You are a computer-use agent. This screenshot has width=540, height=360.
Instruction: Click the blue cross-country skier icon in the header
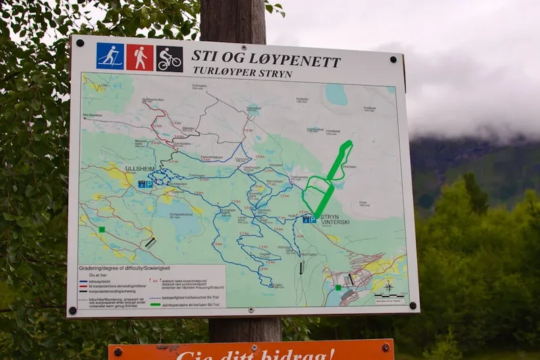tap(110, 57)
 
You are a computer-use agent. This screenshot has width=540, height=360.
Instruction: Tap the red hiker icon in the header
tap(140, 57)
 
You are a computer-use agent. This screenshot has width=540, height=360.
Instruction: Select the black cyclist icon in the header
tap(169, 59)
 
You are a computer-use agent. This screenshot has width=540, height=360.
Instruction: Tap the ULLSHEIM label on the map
tap(140, 168)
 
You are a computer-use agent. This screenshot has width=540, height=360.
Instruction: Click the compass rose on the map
tap(389, 286)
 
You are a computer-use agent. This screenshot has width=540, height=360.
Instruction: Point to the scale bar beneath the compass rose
tap(389, 297)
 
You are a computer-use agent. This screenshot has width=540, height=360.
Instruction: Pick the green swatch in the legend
tap(156, 304)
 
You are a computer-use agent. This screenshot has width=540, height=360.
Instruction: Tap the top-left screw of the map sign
tap(80, 43)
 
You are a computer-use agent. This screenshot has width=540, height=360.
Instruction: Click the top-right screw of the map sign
tap(393, 59)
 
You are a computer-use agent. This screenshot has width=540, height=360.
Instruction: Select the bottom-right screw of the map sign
tap(412, 305)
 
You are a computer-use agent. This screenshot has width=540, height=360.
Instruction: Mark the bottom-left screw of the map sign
tap(72, 311)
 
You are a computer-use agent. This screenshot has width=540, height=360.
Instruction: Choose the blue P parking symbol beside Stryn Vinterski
tap(309, 220)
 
